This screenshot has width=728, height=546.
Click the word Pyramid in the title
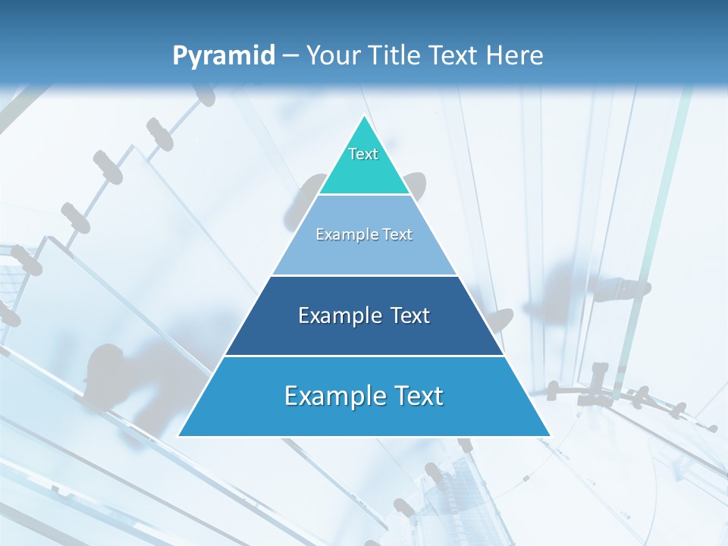point(224,56)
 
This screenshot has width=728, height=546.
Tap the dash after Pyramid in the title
point(290,56)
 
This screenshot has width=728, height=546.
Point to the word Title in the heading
point(394,56)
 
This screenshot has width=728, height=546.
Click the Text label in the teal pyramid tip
point(363,154)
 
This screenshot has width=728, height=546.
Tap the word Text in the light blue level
point(398,234)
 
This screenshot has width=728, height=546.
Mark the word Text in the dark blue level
point(410,315)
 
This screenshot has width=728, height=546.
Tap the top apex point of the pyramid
point(364,115)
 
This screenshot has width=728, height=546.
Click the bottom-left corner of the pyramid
point(178,436)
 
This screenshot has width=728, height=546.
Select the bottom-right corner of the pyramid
point(550,436)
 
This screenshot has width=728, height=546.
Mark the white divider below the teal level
point(364,195)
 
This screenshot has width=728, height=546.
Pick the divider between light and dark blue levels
point(364,275)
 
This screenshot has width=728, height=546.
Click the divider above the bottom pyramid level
point(364,356)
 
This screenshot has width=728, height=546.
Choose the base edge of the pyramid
point(364,436)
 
